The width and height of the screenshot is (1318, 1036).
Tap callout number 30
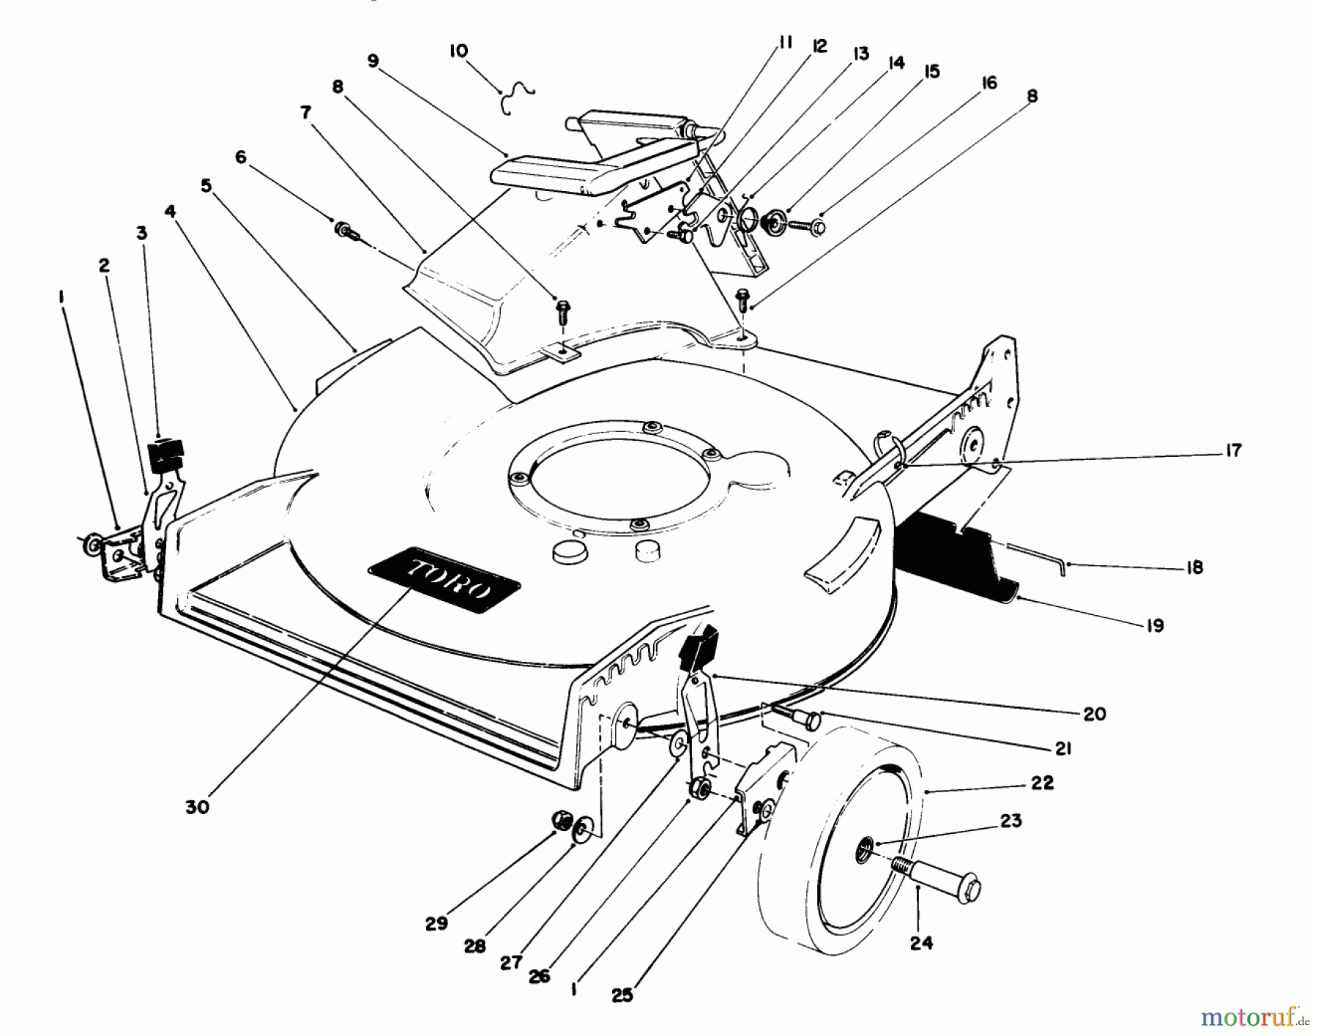coord(197,807)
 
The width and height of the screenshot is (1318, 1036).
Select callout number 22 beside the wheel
coord(1042,783)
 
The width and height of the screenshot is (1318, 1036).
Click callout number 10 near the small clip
coord(459,51)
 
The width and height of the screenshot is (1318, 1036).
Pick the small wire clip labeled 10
coord(517,96)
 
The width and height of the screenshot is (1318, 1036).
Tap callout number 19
coord(1154,626)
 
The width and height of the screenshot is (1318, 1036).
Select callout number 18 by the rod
coord(1194,567)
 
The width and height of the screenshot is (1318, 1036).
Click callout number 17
coord(1233,450)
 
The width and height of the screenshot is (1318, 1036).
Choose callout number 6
coord(241,157)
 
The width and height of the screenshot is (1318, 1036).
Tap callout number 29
coord(436,924)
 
